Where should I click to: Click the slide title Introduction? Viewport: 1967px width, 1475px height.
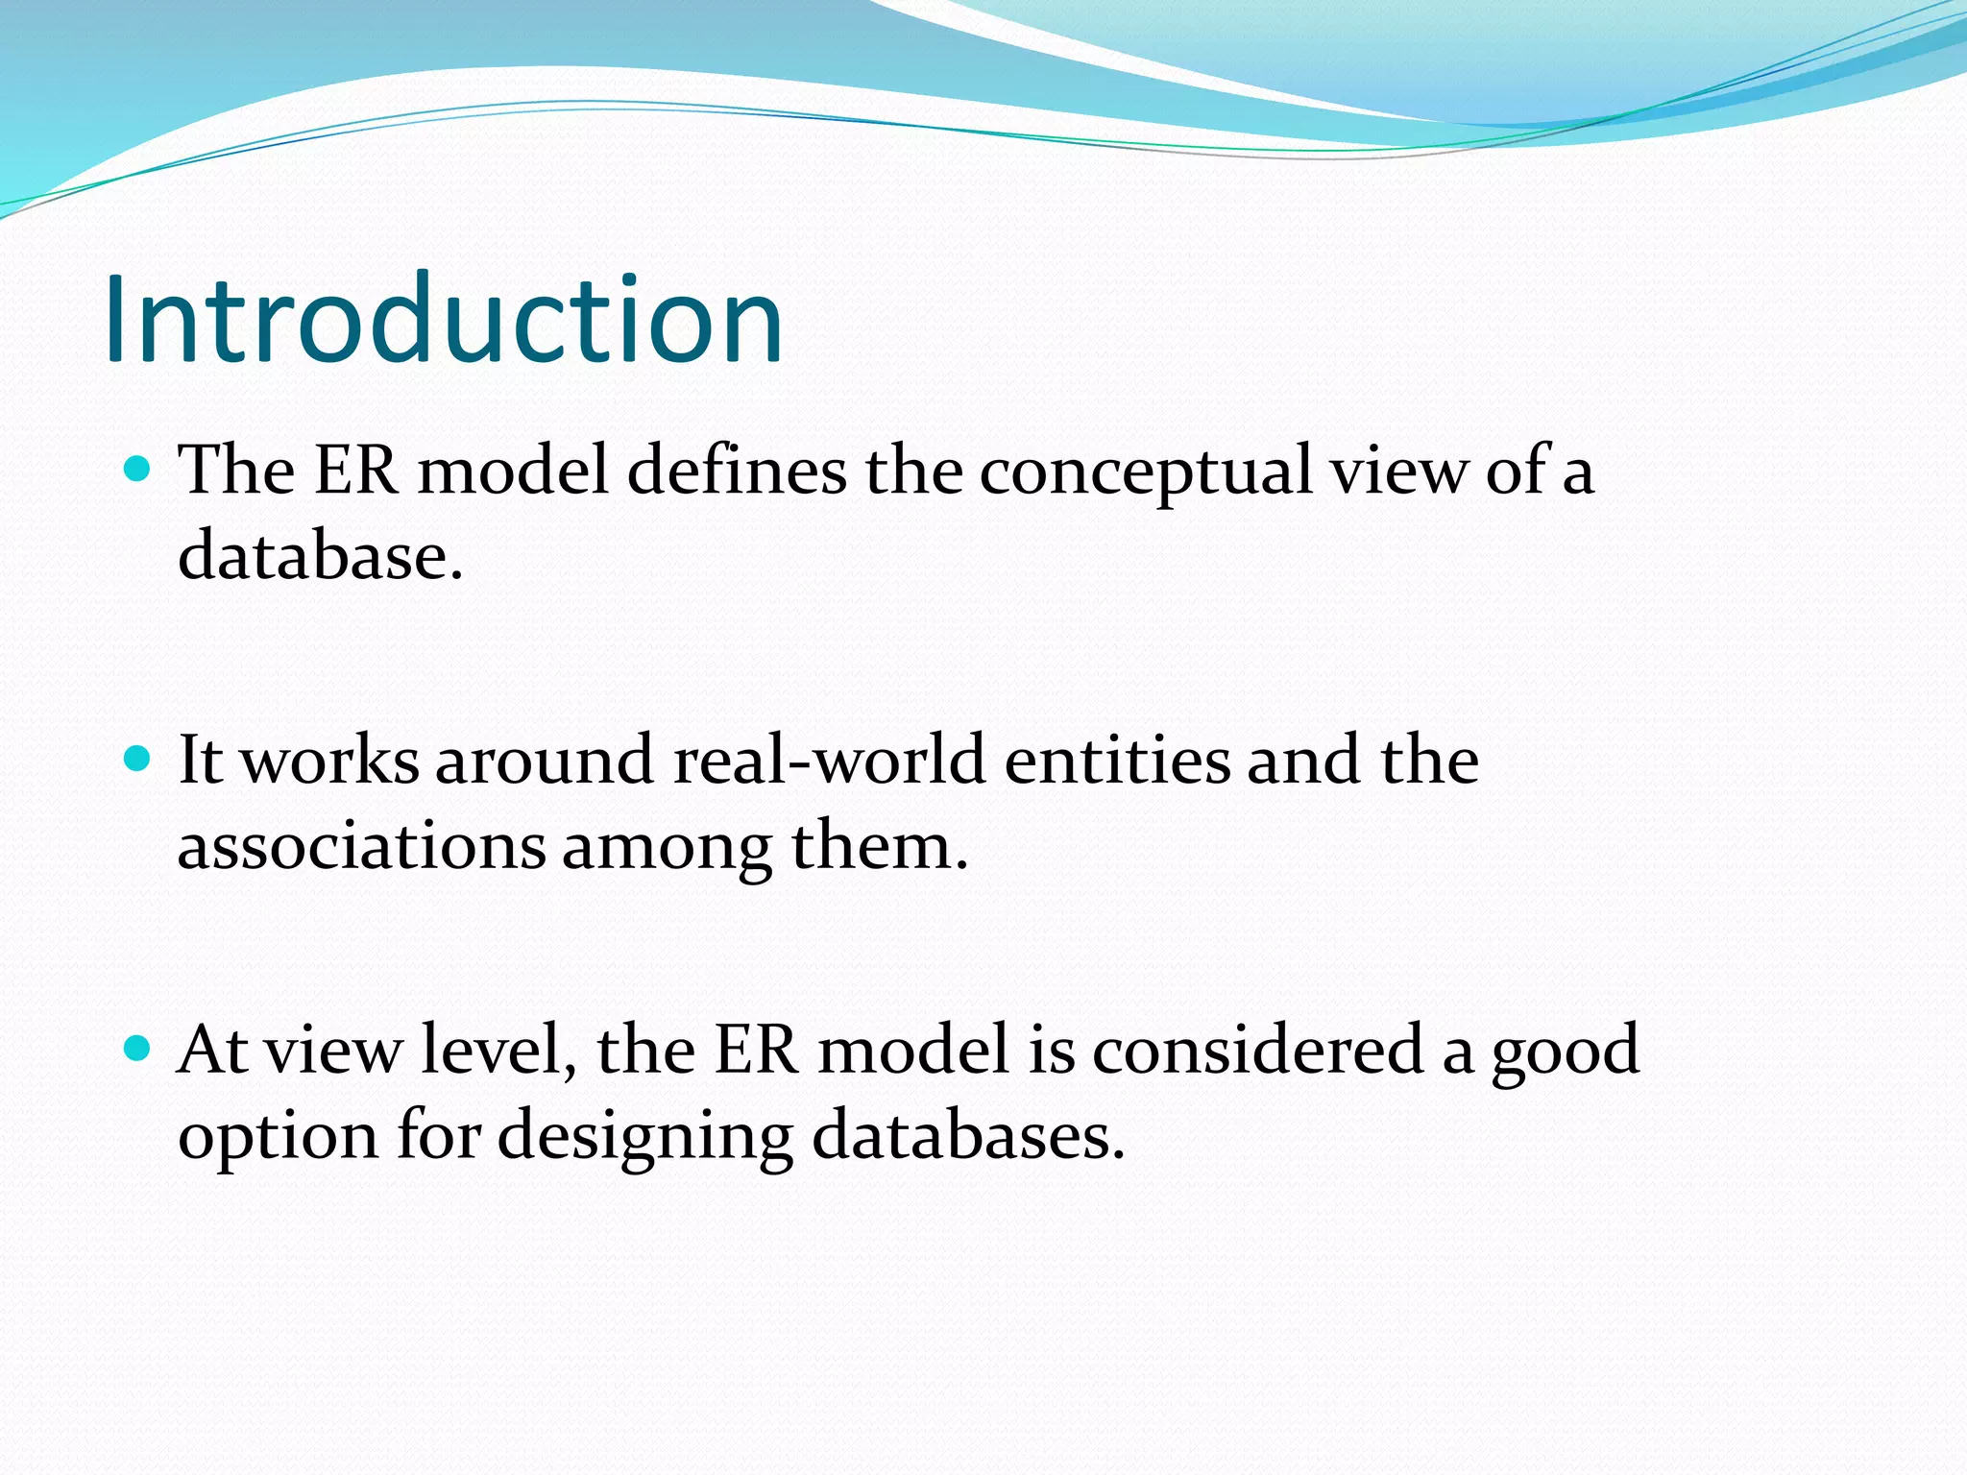[444, 319]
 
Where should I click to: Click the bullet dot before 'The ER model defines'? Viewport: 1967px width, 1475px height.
[138, 470]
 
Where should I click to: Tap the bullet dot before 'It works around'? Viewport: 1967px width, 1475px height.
[138, 760]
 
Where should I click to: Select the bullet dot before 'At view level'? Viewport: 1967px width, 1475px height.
[138, 1049]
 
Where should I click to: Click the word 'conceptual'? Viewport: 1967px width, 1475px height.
[1145, 472]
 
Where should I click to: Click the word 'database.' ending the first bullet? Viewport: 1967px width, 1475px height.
[321, 556]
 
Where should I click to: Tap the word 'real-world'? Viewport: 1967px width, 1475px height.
[829, 760]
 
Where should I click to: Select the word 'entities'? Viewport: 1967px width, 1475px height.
[1117, 760]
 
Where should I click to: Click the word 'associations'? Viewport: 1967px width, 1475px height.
[361, 846]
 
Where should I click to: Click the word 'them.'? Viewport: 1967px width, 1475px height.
[879, 846]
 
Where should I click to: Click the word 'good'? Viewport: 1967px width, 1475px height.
[1566, 1052]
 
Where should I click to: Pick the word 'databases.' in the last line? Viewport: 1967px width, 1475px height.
[967, 1135]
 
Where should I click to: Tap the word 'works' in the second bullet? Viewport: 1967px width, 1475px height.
[329, 761]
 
